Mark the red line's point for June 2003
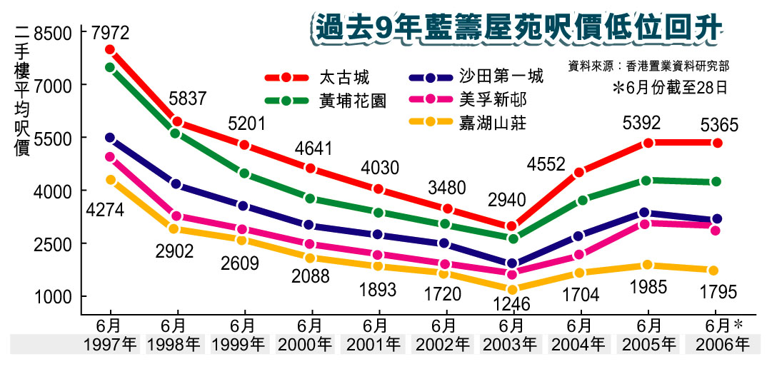coord(511,226)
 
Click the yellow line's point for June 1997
coord(110,180)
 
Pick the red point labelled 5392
coord(648,143)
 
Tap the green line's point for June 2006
coord(716,181)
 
